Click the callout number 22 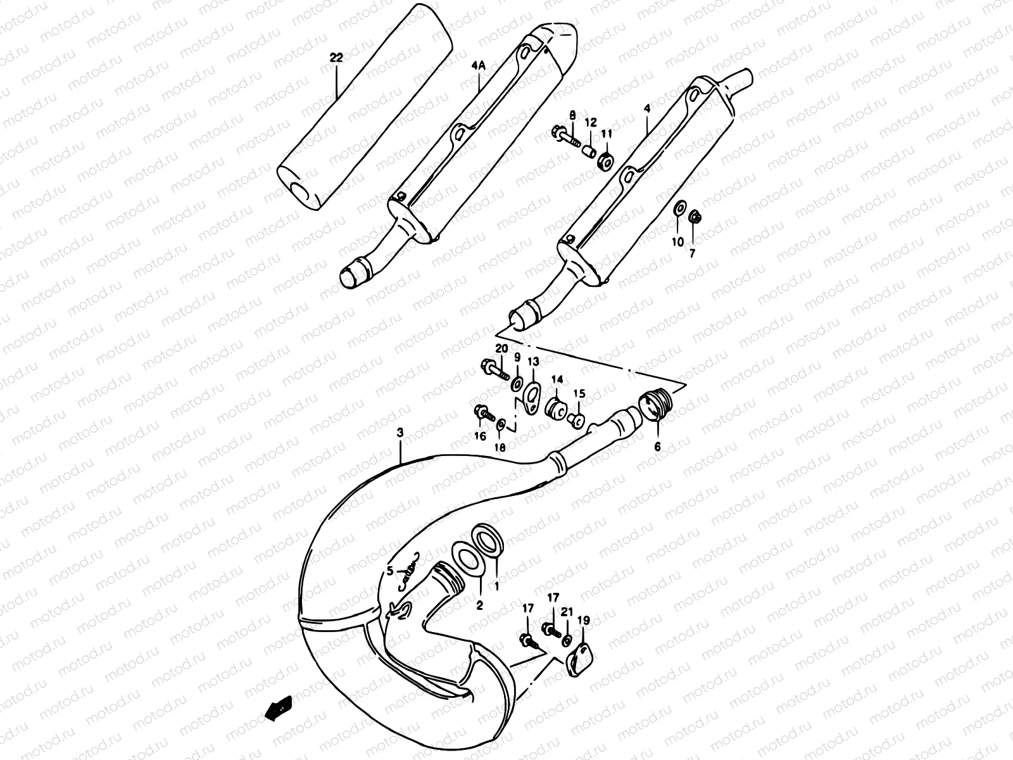[x=336, y=58]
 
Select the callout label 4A [x=479, y=65]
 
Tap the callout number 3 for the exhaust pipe [x=400, y=433]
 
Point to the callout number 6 [x=657, y=446]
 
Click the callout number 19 [x=583, y=620]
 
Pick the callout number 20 [x=501, y=349]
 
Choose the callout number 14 [x=557, y=379]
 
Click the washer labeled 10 [x=679, y=208]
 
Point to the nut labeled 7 [x=693, y=217]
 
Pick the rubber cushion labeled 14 [x=557, y=406]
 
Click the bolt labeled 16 [x=482, y=414]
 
